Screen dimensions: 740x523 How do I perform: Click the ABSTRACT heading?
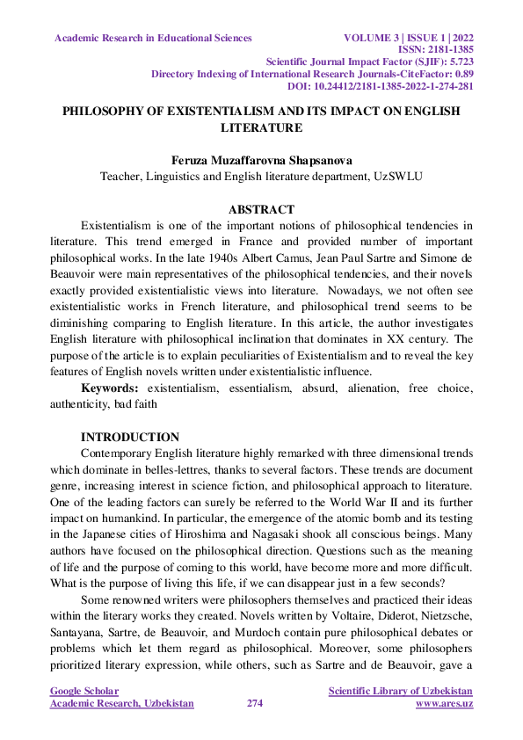[261, 210]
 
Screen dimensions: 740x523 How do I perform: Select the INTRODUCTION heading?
[130, 437]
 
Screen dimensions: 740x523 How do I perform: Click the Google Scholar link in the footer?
[84, 692]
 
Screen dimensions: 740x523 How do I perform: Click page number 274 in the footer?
[255, 704]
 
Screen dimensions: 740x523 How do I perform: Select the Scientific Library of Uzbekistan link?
[400, 692]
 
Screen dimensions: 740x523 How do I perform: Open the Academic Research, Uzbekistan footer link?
[122, 704]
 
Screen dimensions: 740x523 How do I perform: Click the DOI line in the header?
[381, 86]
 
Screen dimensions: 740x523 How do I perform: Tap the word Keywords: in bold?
[111, 388]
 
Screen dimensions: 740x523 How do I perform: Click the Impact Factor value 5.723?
[456, 62]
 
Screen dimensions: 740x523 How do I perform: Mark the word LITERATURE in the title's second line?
[261, 128]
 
